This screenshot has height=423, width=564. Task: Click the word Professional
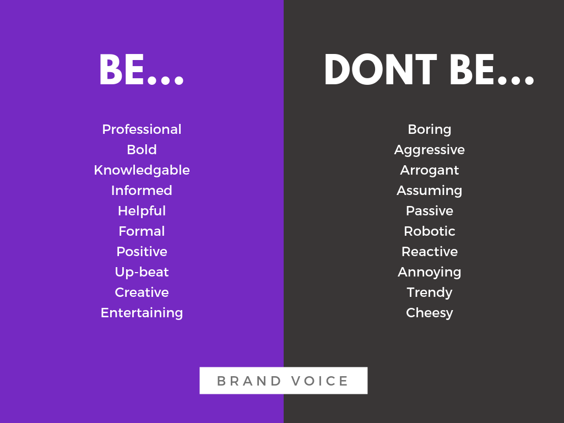(x=142, y=129)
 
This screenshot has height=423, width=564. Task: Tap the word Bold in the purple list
(x=142, y=150)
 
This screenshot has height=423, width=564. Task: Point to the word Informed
(x=142, y=190)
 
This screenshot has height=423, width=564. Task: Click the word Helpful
(x=142, y=211)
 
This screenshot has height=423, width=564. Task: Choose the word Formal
(x=142, y=231)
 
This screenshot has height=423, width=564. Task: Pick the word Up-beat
(x=142, y=272)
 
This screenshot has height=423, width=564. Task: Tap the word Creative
(x=142, y=292)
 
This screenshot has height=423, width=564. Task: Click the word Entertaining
(x=142, y=313)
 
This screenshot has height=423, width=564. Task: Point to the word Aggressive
(x=430, y=150)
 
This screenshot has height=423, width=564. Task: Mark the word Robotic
(x=430, y=231)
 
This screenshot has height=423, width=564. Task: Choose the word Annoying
(x=430, y=272)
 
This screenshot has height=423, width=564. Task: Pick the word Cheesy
(x=430, y=313)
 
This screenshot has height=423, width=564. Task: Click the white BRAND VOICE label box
(x=284, y=381)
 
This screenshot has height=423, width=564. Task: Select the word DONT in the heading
(x=381, y=69)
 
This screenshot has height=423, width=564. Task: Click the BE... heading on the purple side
(x=142, y=69)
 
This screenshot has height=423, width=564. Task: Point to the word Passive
(x=430, y=210)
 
